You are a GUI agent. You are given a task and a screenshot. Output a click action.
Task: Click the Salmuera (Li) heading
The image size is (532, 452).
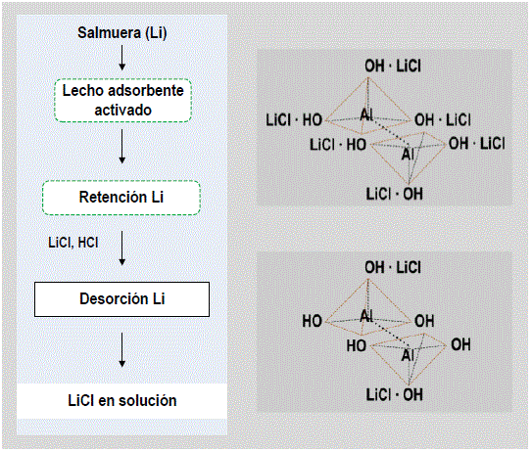click(122, 33)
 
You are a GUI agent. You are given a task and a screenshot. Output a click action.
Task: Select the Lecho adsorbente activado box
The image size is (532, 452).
click(122, 101)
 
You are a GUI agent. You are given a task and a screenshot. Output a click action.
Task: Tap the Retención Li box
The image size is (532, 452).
click(121, 198)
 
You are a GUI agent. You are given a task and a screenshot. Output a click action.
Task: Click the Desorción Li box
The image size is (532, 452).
click(121, 299)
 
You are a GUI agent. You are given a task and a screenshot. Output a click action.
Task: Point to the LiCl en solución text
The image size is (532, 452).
click(122, 400)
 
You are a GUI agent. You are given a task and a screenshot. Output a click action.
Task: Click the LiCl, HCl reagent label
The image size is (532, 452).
click(73, 243)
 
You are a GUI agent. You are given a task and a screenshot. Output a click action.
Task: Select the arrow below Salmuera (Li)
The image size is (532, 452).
click(122, 58)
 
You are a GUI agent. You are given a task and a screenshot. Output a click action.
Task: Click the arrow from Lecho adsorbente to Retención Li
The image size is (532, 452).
click(122, 147)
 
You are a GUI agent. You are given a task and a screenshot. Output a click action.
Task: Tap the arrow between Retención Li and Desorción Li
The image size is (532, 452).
click(122, 249)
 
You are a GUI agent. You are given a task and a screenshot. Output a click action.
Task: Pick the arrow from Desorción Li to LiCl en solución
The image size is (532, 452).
click(122, 349)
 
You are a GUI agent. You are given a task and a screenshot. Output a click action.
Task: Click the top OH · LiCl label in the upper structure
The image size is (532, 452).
click(393, 66)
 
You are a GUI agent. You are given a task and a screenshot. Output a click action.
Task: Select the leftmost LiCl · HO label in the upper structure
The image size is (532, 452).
click(294, 120)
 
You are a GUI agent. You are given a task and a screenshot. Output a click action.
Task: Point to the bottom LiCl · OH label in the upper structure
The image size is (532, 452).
click(394, 194)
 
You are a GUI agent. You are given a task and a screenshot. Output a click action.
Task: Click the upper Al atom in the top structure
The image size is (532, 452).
click(366, 114)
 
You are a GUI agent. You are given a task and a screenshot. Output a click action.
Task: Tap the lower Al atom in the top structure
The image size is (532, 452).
click(408, 155)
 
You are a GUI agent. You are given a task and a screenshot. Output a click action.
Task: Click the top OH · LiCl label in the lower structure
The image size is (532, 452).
click(393, 267)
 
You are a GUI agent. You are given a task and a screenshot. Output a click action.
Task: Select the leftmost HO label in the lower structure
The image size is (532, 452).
click(313, 321)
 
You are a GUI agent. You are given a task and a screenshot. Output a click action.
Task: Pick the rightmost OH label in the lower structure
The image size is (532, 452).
click(460, 345)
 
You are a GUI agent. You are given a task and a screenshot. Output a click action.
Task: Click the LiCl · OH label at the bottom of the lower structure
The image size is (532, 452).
click(394, 394)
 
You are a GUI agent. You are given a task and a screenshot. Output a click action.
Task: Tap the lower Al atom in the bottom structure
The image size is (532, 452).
click(408, 355)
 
